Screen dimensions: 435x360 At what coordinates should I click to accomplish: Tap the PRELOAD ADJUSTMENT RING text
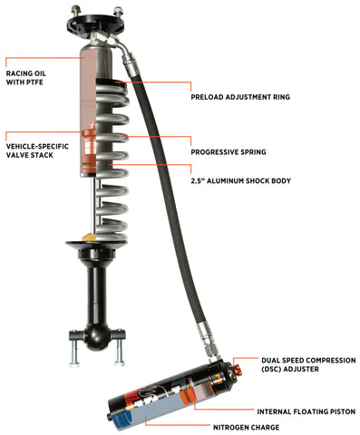[241, 95]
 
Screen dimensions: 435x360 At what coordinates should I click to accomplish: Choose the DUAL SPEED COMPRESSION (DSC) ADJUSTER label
[300, 365]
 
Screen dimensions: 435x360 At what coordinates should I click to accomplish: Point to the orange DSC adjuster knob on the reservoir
[239, 369]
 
